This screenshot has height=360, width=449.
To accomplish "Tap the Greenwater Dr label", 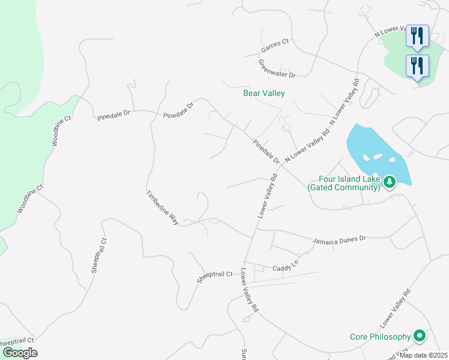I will click(x=277, y=68).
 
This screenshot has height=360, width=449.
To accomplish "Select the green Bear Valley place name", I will click(x=264, y=93).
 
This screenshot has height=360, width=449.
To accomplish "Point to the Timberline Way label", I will click(x=163, y=208).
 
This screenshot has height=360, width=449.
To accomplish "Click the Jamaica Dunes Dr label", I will click(x=339, y=239).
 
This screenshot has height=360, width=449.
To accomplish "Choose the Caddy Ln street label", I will click(x=285, y=265).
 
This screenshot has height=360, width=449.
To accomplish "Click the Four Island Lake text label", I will click(x=344, y=183).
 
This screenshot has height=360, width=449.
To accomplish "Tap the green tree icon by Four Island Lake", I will click(x=390, y=181).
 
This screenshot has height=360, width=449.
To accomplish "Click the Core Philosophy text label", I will click(x=380, y=337).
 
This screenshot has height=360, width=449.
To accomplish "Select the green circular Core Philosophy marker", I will click(x=420, y=336).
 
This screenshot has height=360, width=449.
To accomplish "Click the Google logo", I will click(x=20, y=352).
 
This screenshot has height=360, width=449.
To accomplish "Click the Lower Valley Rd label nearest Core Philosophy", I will click(x=397, y=307).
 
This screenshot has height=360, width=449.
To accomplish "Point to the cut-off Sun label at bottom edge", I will click(x=244, y=353).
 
